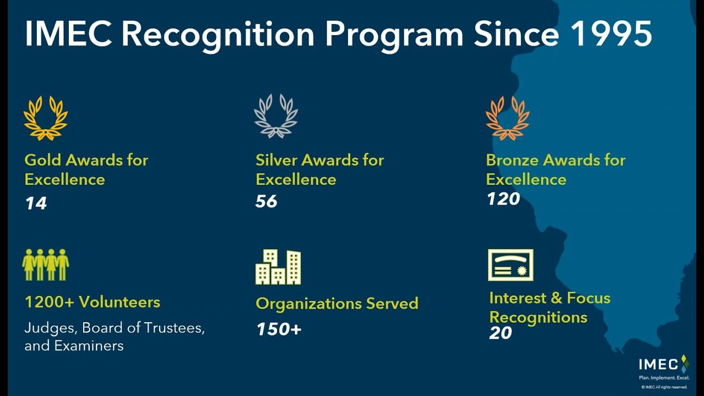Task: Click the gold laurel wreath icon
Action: pos(46,118)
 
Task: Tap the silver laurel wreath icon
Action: pos(276,116)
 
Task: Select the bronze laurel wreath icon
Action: pos(507,118)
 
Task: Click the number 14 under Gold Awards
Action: pos(36,204)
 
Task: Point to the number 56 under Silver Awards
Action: pos(266,201)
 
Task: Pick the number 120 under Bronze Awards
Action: pos(503,199)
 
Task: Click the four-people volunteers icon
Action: pos(46,265)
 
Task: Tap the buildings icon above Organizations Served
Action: pos(278,267)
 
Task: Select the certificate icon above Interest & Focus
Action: pos(510,265)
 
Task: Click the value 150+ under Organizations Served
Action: pos(279,329)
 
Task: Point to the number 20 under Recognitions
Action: pos(500,333)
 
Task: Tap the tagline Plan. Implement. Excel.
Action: pos(663,378)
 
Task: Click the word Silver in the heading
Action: pos(277,160)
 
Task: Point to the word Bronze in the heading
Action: pos(512,160)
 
